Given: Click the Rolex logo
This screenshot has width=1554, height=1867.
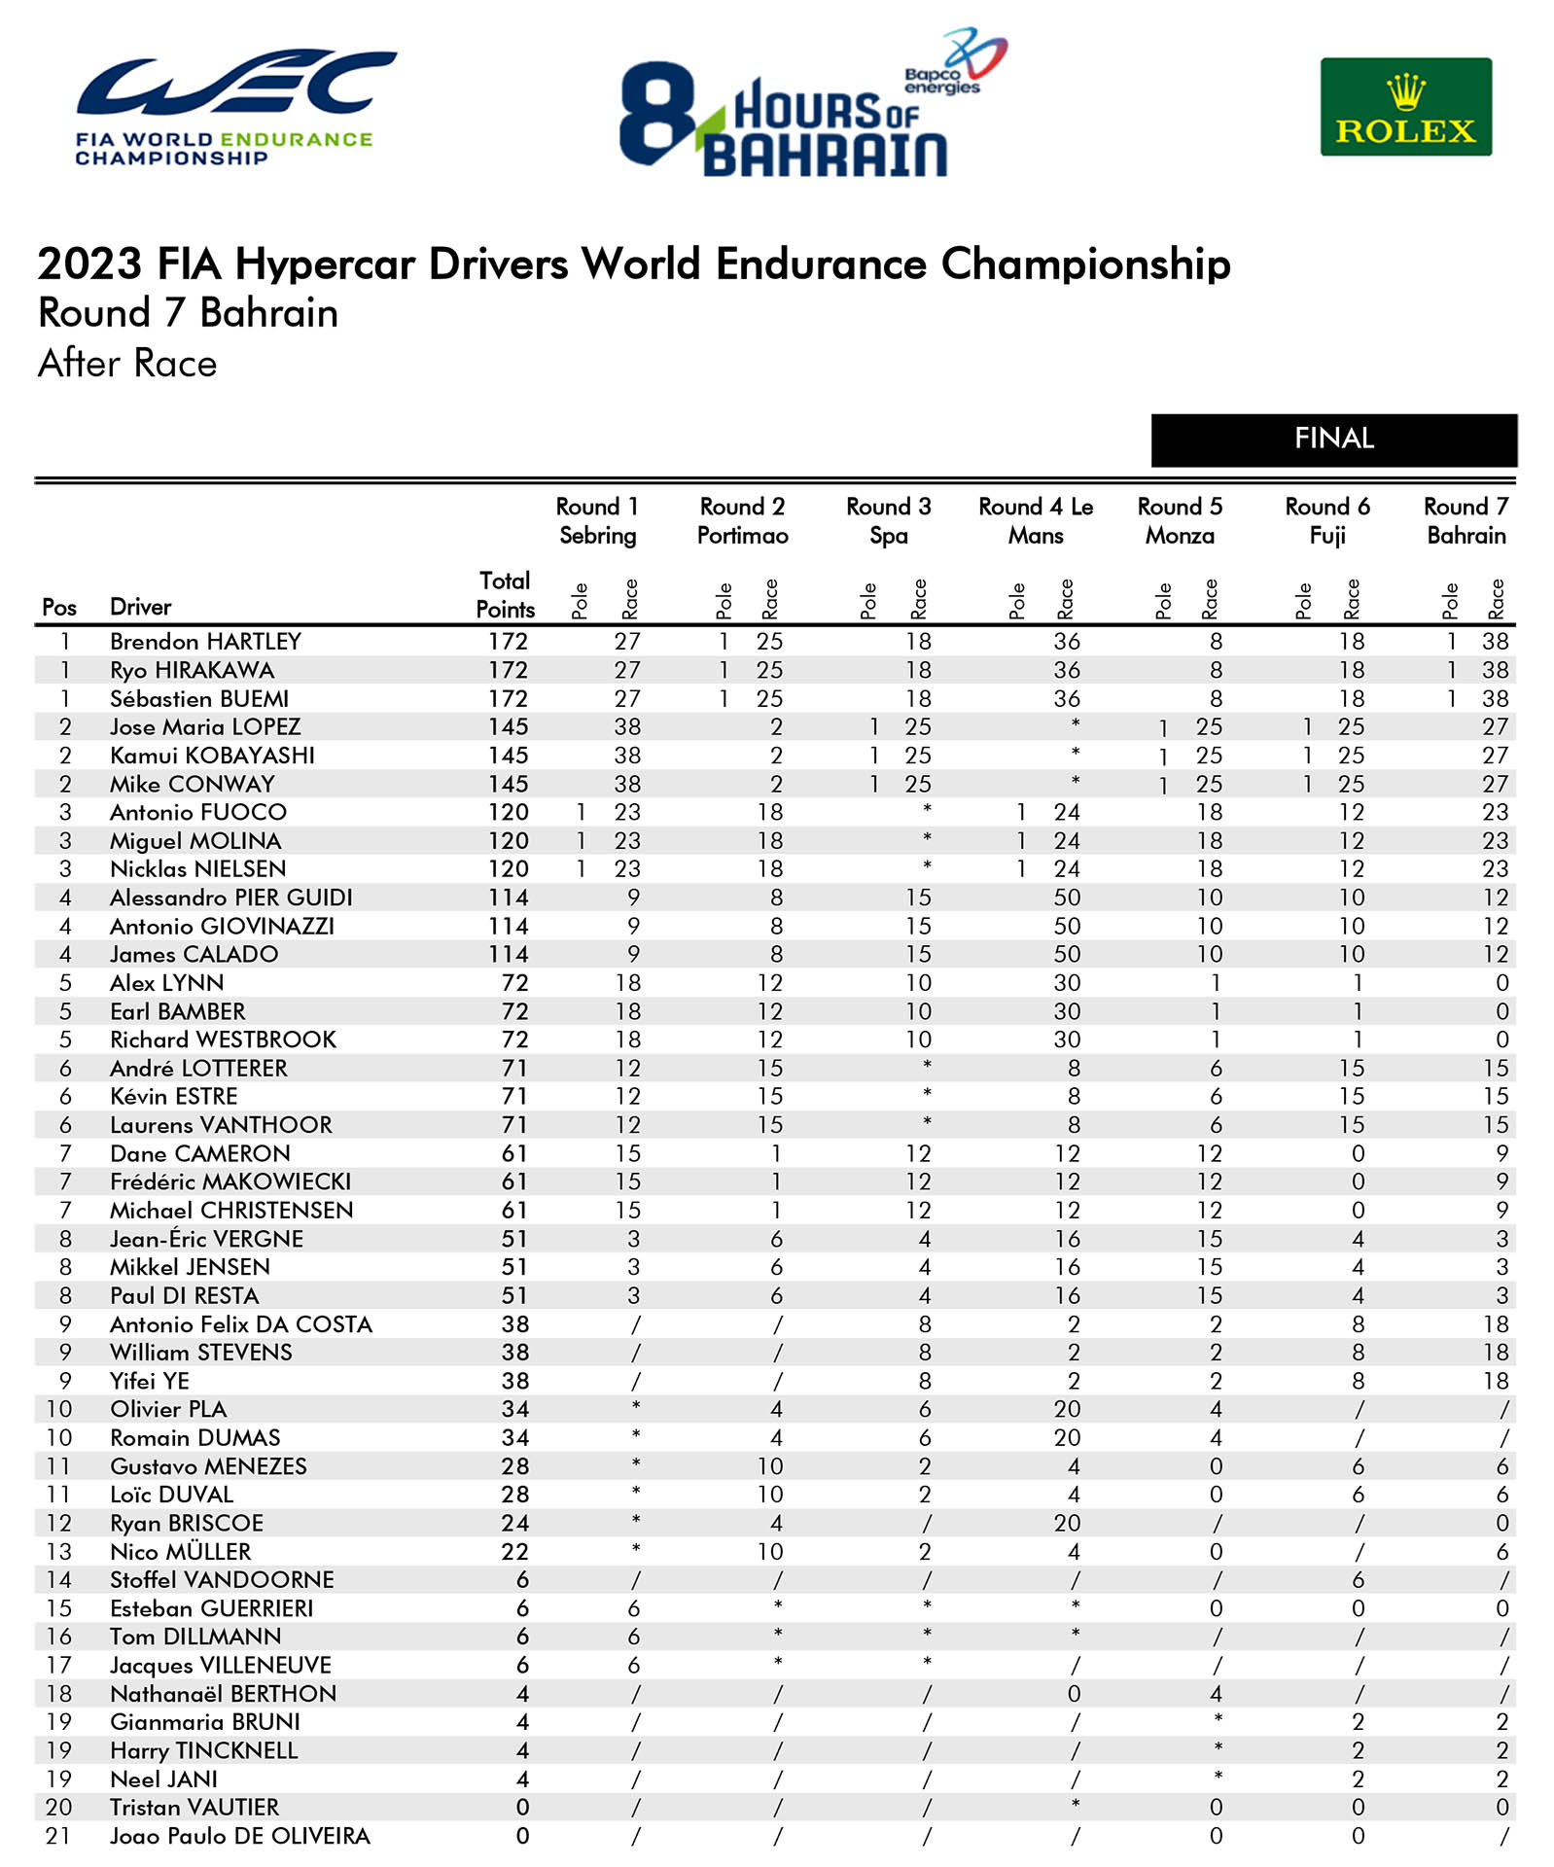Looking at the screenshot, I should pos(1405,107).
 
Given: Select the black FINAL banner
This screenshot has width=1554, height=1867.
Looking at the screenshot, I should pos(1333,440).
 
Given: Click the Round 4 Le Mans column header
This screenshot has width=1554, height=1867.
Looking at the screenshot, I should pos(1036,521).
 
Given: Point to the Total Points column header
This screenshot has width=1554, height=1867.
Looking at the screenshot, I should pos(505,594).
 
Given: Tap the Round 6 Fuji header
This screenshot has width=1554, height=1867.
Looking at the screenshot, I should pos(1326,521).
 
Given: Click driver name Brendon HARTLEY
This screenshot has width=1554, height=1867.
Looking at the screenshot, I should pos(205,642).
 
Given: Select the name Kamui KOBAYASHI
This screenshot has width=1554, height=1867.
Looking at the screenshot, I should pos(212,756).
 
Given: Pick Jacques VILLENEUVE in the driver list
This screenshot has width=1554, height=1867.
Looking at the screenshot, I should pos(221,1666).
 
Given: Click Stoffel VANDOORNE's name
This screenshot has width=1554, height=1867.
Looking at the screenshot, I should pos(222,1580).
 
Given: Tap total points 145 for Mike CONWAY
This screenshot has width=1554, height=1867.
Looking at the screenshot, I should pos(508,784).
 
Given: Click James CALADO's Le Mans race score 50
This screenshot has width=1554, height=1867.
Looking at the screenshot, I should pos(1067,955).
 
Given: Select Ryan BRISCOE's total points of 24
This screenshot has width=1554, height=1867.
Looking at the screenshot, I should pos(514,1523).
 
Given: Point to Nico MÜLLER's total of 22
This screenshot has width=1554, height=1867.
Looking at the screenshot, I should pos(514,1552).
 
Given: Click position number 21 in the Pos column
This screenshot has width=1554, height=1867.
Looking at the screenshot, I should pos(58,1836).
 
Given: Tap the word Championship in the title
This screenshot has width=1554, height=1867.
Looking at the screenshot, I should pos(1085,264).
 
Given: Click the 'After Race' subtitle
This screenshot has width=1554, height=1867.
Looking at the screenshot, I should pos(127,364).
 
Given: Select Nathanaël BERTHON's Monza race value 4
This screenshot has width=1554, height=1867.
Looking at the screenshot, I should pos(1216,1694).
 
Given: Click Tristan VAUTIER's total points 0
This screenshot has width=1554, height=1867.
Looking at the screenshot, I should pos(522,1808).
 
